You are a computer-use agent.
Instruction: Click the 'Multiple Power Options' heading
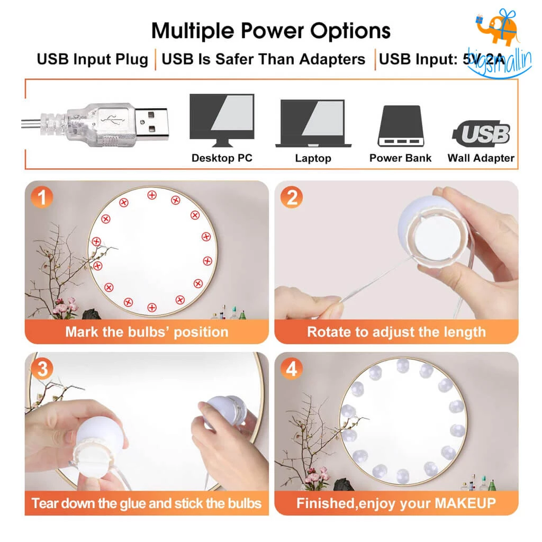[270, 31]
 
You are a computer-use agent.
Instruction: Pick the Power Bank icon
[400, 126]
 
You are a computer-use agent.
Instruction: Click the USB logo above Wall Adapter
[482, 134]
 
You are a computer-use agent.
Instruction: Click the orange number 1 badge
[42, 198]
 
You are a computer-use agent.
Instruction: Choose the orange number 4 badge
[292, 369]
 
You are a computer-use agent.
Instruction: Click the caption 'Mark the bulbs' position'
[147, 332]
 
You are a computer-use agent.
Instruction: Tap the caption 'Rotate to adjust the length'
[396, 332]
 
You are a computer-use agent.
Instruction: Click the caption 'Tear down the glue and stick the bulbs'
[147, 503]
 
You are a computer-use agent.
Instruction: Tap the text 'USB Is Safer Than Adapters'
[263, 59]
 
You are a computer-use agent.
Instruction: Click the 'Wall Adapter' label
[481, 158]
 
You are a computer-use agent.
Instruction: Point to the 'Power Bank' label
[400, 158]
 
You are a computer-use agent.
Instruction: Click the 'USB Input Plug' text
[92, 59]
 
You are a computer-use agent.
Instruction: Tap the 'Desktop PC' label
[222, 158]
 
